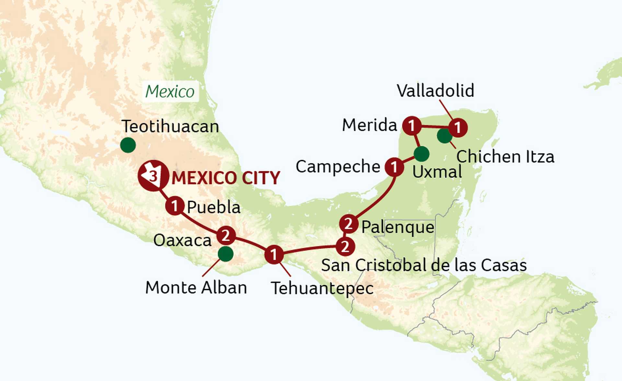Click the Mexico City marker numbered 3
pos(153,176)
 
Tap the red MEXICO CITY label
pos(226,178)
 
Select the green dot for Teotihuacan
pos(128,145)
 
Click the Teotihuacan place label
pos(170,126)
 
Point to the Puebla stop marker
pos(175,206)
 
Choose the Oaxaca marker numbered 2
pos(226,236)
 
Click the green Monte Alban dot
pos(226,254)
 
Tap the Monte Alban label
pos(196,287)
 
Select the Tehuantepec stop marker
pos(274,254)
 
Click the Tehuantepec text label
pos(322,288)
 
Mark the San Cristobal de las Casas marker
pos(345,247)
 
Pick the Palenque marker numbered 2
pos(349,224)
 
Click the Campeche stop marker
pos(394,167)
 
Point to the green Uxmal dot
pos(421,154)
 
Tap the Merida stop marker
pos(412,125)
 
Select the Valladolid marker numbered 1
pos(458,128)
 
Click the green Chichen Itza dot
pos(444,136)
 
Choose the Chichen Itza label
pos(505,157)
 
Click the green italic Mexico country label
pos(170,91)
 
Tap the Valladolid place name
pos(435,90)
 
